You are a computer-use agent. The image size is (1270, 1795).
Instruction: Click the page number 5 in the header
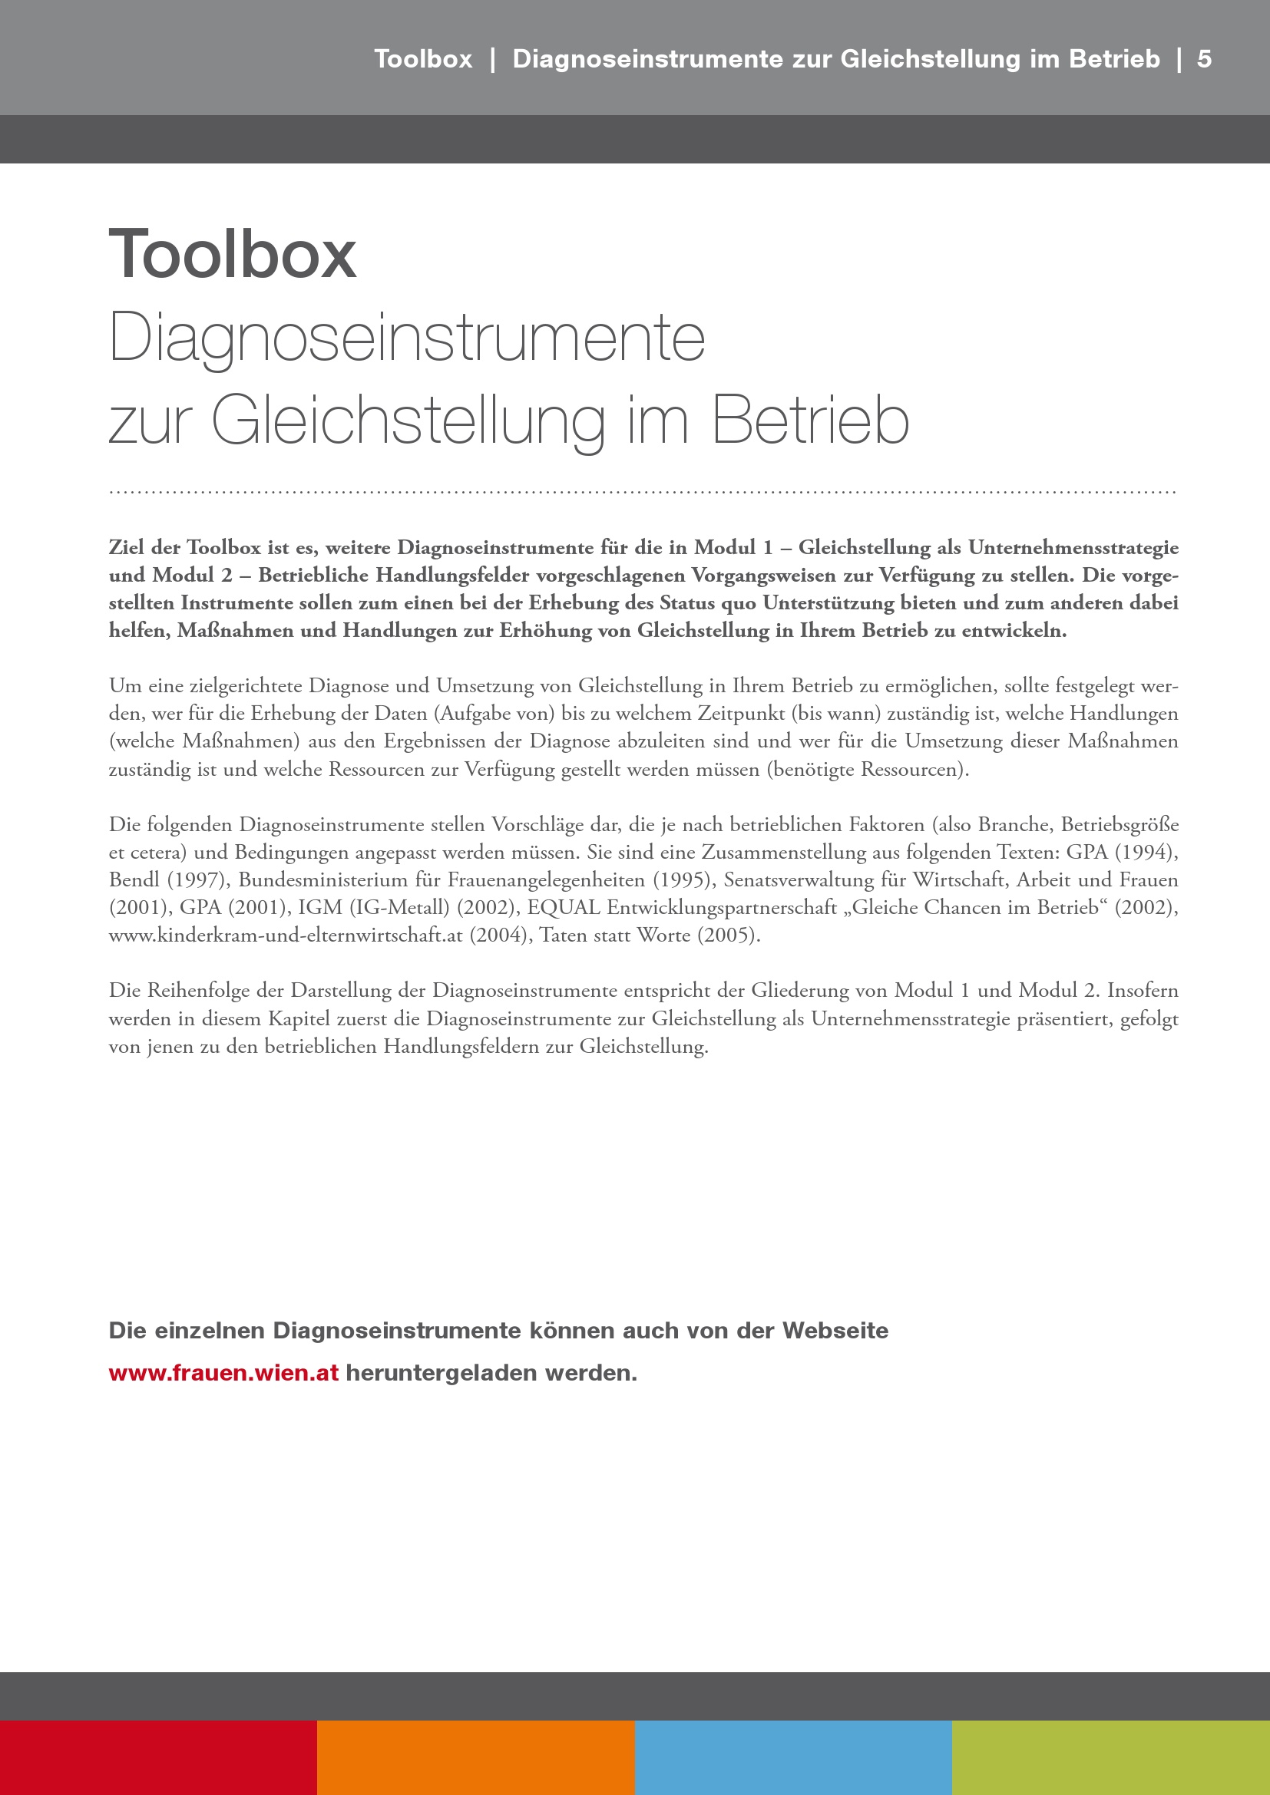[x=1203, y=59]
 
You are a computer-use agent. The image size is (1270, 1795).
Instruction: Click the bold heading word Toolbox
[x=232, y=254]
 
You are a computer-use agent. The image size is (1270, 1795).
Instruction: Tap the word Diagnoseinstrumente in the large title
[x=407, y=338]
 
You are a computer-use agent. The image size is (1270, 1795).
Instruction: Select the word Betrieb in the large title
[x=810, y=421]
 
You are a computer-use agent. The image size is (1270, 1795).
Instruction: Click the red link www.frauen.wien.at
[x=223, y=1373]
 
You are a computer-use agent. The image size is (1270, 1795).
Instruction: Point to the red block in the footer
[x=158, y=1757]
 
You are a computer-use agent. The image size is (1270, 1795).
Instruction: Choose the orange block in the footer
[x=475, y=1757]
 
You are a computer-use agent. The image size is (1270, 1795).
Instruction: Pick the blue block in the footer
[x=793, y=1757]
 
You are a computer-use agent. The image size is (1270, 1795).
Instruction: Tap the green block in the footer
[x=1110, y=1757]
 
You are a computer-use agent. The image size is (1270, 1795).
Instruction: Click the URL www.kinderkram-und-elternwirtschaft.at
[x=286, y=935]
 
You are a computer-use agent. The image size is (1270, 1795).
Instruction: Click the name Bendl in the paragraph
[x=134, y=880]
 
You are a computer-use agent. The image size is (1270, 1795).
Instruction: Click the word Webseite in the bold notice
[x=835, y=1331]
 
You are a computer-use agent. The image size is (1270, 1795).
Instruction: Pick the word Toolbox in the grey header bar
[x=423, y=59]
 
